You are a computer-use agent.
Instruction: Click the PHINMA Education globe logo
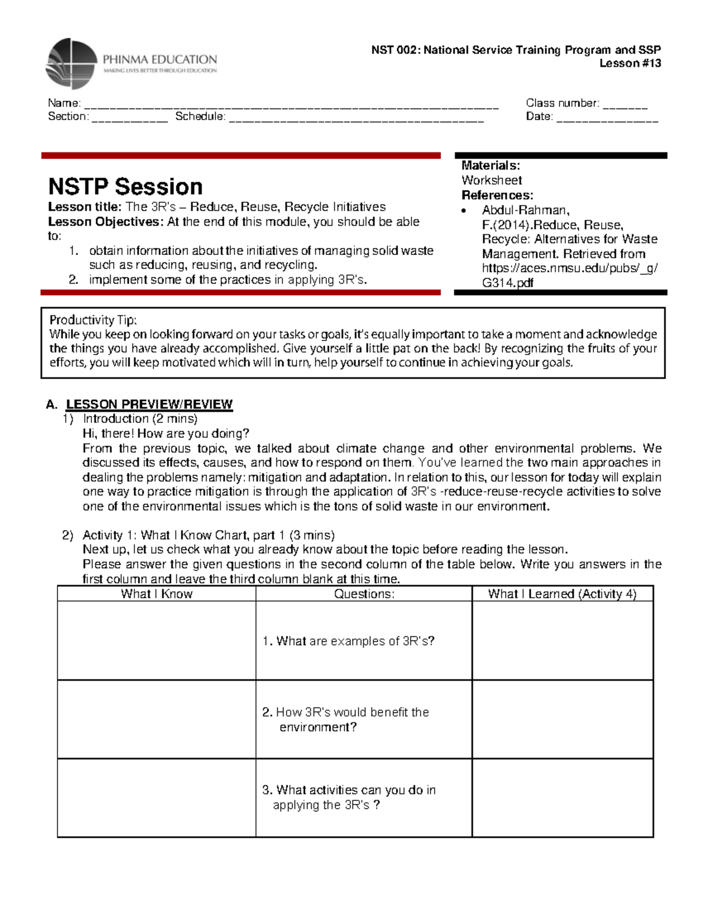click(71, 63)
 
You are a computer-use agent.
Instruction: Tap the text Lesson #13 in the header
click(630, 63)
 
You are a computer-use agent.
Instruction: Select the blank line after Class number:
click(625, 105)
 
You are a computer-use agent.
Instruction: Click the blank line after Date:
click(607, 119)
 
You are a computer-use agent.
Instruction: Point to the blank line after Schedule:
click(356, 119)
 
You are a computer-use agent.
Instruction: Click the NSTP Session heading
click(125, 186)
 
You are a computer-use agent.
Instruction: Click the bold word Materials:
click(490, 165)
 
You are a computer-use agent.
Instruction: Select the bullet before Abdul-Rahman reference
click(464, 211)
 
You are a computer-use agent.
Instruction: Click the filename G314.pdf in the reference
click(507, 282)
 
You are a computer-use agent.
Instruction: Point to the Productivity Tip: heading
click(93, 320)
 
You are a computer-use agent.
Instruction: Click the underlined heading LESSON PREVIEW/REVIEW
click(149, 404)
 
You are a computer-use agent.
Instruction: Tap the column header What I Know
click(156, 594)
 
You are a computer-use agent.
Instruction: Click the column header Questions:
click(364, 594)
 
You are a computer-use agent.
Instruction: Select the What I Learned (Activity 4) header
click(562, 594)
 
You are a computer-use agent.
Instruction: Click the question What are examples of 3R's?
click(349, 641)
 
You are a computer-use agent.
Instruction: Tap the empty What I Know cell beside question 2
click(156, 719)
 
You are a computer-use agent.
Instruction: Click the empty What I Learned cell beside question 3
click(562, 797)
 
